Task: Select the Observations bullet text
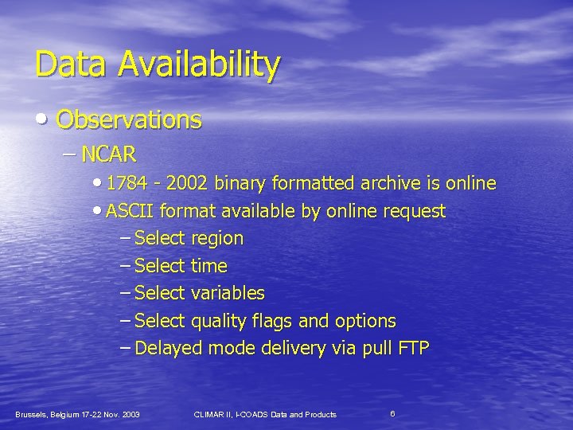point(129,120)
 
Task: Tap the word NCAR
point(109,154)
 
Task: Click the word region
point(216,239)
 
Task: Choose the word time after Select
point(209,266)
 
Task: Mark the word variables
point(227,294)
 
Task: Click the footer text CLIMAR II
point(214,415)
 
